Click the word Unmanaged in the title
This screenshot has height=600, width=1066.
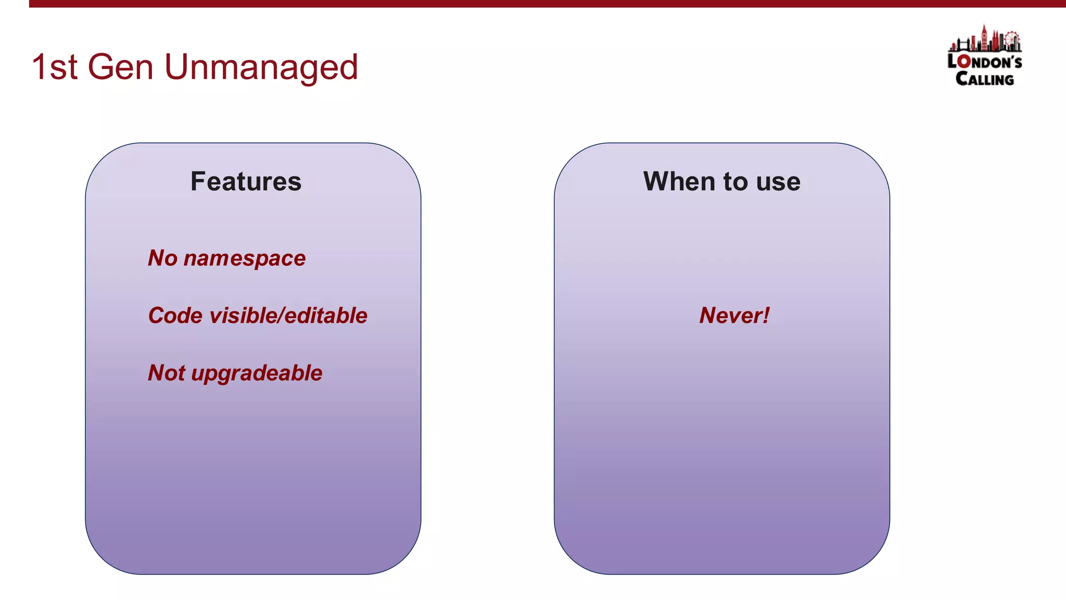point(261,68)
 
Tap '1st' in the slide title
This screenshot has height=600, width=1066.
point(54,68)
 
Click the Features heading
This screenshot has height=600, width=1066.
point(246,182)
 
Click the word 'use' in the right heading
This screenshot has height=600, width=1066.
point(778,182)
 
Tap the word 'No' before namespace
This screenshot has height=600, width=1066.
point(162,258)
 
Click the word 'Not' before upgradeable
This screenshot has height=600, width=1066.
point(166,373)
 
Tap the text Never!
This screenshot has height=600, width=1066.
point(734,316)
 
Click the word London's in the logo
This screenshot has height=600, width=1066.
point(984,61)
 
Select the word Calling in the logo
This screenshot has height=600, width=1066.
point(984,79)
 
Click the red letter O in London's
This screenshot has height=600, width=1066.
point(964,62)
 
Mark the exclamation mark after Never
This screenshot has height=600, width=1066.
point(765,315)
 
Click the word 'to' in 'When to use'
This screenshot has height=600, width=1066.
point(735,182)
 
